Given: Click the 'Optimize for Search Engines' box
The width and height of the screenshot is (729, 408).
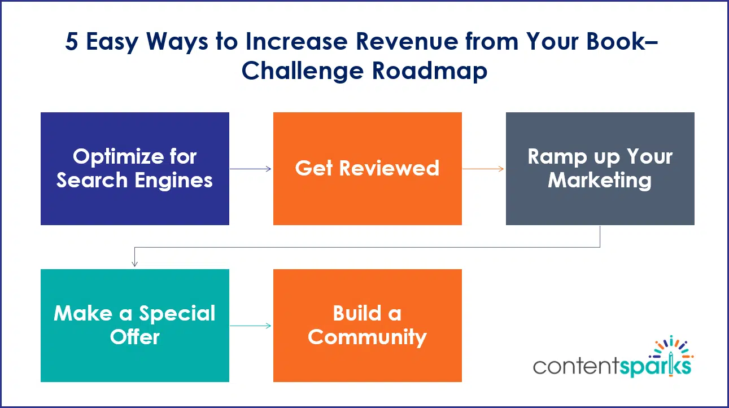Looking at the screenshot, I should tap(134, 168).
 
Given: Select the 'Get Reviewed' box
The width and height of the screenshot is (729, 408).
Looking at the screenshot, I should tap(367, 168).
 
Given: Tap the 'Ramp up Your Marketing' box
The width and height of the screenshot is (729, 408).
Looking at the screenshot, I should tap(600, 168).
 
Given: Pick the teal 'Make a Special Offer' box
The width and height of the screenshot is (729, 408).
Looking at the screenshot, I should tap(134, 325).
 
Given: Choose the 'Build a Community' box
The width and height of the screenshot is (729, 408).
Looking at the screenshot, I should tap(367, 325).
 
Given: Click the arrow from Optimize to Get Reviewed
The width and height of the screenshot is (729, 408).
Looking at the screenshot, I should tap(251, 168).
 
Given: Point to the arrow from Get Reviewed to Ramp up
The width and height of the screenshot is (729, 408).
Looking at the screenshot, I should tap(483, 168).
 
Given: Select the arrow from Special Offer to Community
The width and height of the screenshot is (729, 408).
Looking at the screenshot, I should tap(251, 325).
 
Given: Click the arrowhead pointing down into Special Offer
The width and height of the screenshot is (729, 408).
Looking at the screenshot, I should tap(134, 262).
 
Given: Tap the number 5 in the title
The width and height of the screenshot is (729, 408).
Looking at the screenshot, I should tap(72, 43).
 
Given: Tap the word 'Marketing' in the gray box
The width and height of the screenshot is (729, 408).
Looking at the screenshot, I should tap(600, 181).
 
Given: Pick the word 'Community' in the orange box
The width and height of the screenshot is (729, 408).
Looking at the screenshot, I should tap(367, 337).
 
